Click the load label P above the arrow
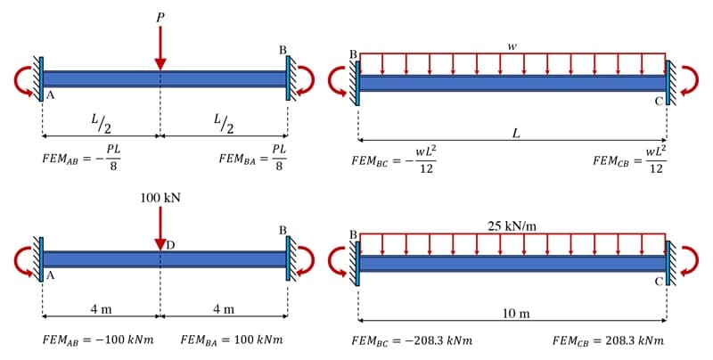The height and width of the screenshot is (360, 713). tap(160, 16)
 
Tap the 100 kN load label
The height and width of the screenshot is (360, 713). tap(160, 196)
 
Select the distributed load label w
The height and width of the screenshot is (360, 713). tap(512, 45)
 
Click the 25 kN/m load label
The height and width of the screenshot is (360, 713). tap(512, 225)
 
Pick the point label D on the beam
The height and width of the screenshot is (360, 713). tap(170, 244)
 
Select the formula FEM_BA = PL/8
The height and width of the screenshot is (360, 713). tap(252, 159)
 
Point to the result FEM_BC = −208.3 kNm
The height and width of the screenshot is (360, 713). tap(412, 340)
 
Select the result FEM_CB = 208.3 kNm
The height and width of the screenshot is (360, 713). tap(607, 340)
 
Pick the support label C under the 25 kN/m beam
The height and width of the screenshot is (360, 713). tap(658, 281)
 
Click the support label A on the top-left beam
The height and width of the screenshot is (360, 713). tap(50, 97)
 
